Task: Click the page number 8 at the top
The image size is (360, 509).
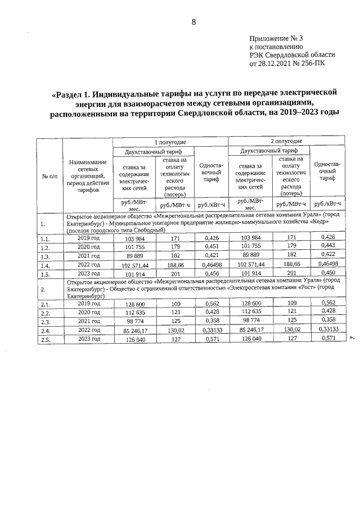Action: point(193,22)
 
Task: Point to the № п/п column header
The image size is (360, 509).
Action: point(49,177)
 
